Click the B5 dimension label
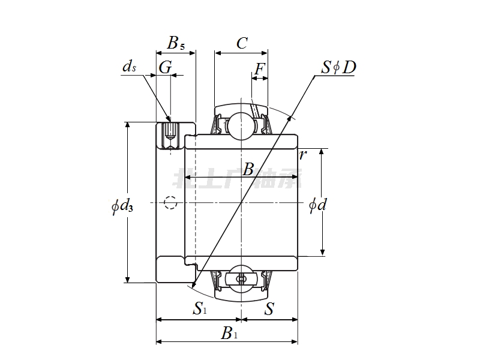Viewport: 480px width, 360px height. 176,43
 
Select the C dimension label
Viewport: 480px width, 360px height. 241,43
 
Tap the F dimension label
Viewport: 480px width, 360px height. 259,70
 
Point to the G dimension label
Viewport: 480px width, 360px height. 165,68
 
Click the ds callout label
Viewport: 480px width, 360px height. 129,67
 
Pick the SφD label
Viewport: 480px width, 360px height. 338,67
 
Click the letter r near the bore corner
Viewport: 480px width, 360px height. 303,155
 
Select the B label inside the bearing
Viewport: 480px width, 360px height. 248,170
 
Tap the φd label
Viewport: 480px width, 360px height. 317,205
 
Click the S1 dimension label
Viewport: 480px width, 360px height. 200,309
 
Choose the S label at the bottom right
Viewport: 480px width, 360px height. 269,309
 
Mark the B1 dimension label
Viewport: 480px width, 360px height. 229,333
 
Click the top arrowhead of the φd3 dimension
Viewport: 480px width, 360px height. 128,124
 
